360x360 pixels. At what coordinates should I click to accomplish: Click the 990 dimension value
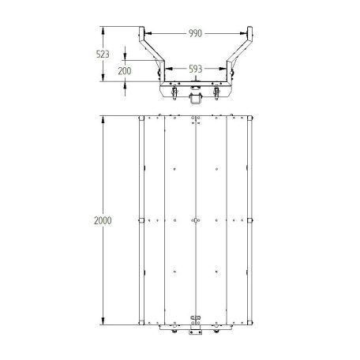(x=195, y=33)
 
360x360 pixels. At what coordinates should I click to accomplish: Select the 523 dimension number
(x=103, y=54)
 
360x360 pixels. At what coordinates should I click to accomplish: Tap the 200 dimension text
(x=125, y=71)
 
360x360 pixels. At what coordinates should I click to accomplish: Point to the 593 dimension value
(x=196, y=69)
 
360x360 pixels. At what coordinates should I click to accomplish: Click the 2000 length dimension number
(x=103, y=220)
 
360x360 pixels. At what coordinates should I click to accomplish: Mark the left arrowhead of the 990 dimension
(x=148, y=33)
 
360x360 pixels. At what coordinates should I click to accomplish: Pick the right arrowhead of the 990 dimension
(x=243, y=33)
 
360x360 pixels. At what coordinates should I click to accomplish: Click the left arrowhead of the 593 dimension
(x=169, y=69)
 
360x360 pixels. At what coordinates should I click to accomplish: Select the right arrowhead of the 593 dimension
(x=223, y=69)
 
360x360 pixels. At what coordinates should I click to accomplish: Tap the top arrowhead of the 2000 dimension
(x=103, y=119)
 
